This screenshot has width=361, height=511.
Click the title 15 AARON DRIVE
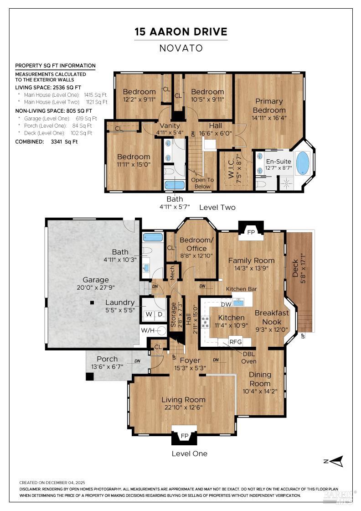coord(180,32)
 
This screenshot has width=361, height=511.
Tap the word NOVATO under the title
coord(180,48)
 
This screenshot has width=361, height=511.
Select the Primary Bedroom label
coord(269,105)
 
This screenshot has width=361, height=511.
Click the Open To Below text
coord(202,183)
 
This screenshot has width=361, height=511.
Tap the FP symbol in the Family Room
coord(251,232)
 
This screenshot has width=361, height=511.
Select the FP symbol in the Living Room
coord(184,436)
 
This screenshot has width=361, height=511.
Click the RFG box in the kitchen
coord(235,341)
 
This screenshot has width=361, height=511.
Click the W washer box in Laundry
coord(150,314)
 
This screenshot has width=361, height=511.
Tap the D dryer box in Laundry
coord(160,314)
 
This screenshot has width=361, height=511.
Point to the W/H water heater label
coord(147,330)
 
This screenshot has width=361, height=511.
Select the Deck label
coord(295,269)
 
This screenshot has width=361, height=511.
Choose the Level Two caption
coord(217,208)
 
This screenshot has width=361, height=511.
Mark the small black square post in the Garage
coord(92,302)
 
